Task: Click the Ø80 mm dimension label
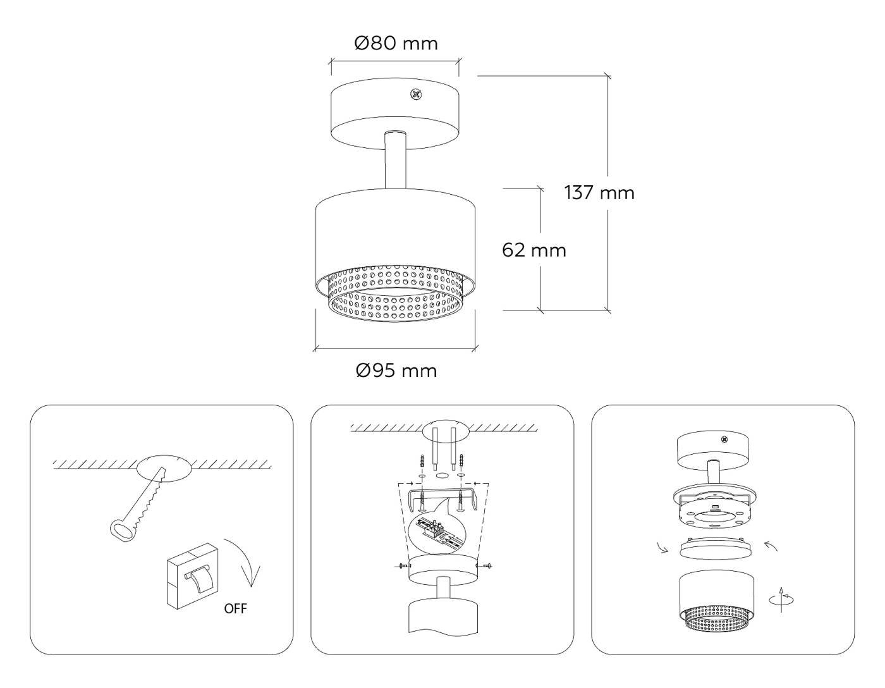396,44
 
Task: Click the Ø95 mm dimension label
396,370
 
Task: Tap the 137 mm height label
599,192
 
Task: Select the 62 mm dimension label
534,250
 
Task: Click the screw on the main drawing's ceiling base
415,95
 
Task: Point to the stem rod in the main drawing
395,161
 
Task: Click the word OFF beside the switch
235,609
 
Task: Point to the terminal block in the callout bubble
436,528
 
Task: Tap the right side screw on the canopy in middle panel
488,565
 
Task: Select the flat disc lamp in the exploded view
716,547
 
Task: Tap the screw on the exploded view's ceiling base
724,439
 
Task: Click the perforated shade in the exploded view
716,601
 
